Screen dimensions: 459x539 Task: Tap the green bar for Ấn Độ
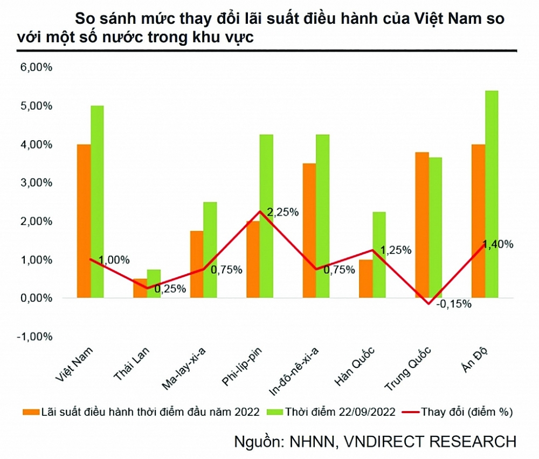click(492, 194)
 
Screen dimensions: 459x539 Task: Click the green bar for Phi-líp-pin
click(266, 216)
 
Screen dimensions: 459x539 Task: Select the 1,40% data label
click(498, 244)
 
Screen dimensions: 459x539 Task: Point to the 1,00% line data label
click(114, 260)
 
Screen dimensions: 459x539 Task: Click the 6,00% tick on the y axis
click(37, 68)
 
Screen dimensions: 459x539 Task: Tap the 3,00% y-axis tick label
click(37, 183)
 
